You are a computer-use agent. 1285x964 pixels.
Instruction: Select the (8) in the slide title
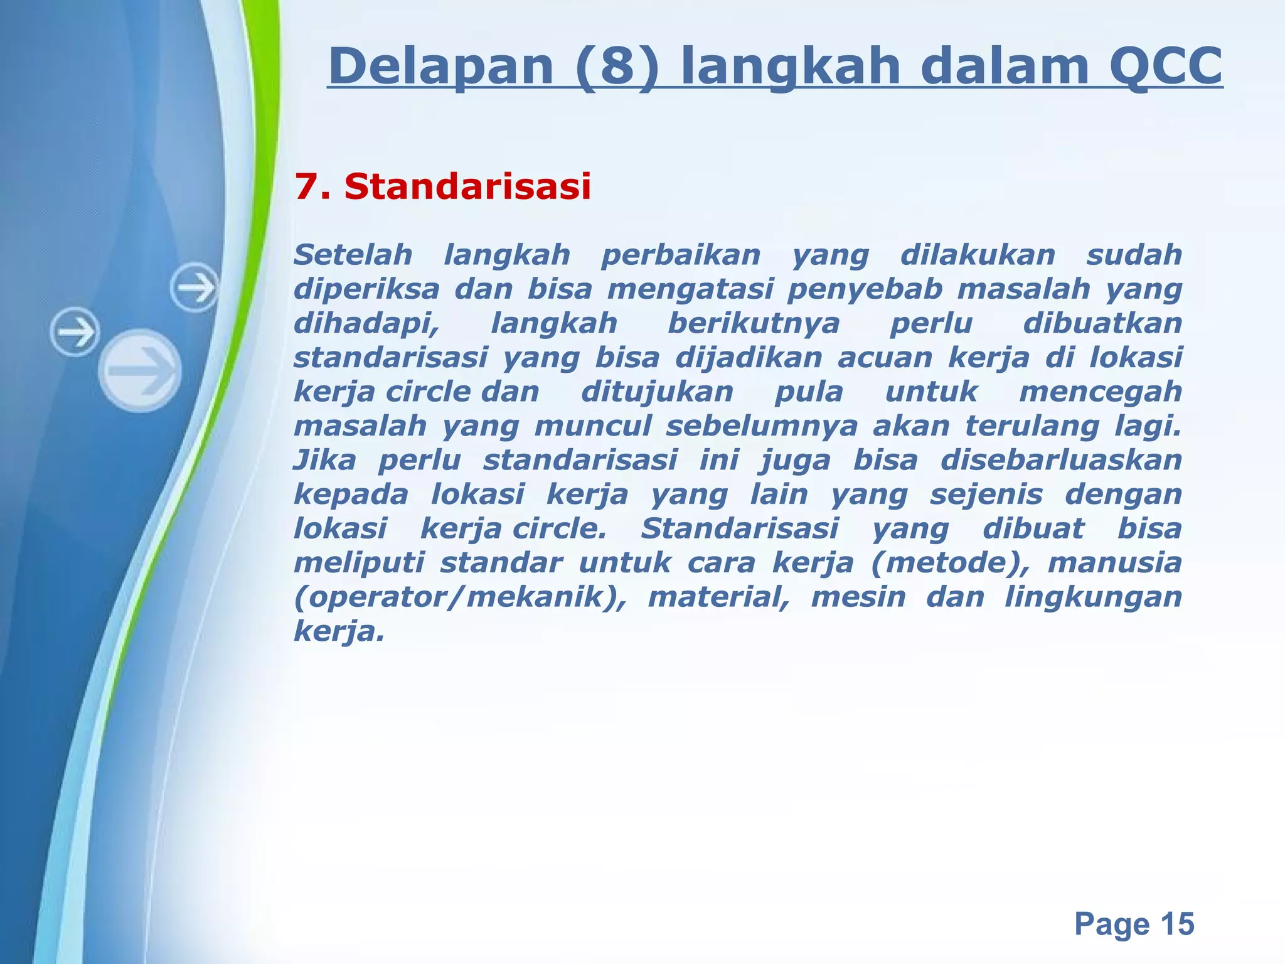pos(617,67)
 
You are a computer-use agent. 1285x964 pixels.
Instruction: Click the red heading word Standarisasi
pos(467,187)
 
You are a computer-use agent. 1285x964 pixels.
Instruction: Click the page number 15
pos(1177,924)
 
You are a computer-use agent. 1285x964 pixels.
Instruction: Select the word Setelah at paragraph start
pos(353,255)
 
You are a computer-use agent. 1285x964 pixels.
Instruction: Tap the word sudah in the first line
pos(1134,255)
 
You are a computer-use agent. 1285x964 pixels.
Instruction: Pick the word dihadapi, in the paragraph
pos(366,324)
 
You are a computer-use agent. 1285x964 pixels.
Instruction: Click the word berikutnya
pos(754,324)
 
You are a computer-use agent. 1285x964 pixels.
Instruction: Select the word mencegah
pos(1101,392)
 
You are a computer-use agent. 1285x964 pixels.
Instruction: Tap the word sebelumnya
pos(762,427)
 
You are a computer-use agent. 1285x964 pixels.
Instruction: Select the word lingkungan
pos(1093,597)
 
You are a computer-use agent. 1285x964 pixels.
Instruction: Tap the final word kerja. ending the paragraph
pos(338,631)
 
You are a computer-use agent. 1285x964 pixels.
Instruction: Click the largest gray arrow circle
pos(141,370)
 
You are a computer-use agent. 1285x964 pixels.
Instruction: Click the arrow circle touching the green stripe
pos(195,288)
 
